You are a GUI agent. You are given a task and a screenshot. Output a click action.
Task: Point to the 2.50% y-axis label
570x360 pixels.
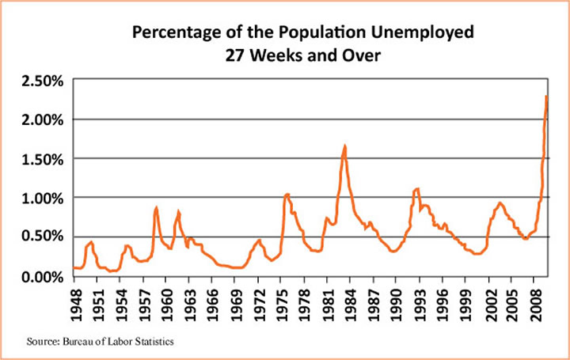tap(44, 81)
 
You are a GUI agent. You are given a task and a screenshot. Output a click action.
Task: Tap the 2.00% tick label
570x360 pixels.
tap(44, 119)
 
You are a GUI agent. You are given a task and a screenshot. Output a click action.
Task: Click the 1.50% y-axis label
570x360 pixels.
tap(44, 158)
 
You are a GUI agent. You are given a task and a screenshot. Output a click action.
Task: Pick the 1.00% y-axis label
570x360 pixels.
tap(44, 197)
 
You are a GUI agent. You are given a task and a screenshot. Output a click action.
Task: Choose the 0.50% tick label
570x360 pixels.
tap(44, 236)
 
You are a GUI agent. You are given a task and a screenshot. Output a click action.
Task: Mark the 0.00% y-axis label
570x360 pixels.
tap(44, 275)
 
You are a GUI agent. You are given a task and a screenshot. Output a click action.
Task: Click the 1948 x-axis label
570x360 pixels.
tap(78, 301)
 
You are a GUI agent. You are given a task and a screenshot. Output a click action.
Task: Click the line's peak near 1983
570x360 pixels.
tap(344, 146)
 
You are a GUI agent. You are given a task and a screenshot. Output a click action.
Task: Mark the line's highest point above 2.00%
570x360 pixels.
tap(547, 97)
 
